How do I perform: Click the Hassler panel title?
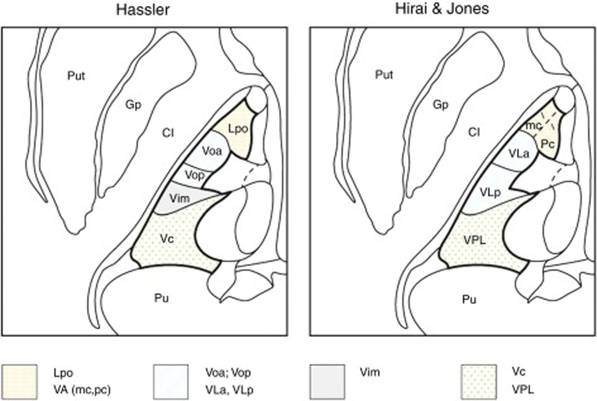tap(143, 10)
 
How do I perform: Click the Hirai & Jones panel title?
tap(442, 9)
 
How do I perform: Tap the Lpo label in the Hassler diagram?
tap(238, 129)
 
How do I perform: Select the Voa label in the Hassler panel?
tap(212, 151)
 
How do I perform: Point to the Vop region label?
tap(195, 175)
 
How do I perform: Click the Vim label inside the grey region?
tap(179, 198)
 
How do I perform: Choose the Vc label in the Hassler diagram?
tap(167, 239)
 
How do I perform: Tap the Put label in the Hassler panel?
tap(76, 76)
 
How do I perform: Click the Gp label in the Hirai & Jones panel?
tap(441, 105)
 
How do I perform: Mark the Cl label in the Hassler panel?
tap(168, 133)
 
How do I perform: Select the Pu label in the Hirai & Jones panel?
tap(469, 299)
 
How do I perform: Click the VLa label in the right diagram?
tap(519, 154)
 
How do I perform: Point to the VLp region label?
tap(490, 192)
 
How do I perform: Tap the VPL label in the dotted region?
tap(475, 240)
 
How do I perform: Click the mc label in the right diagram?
tap(534, 126)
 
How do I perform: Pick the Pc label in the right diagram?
tap(548, 144)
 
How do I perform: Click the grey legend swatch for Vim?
tap(327, 382)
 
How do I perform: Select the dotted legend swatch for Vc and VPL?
tap(479, 382)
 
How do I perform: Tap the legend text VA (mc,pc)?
tap(82, 390)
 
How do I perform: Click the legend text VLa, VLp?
tap(229, 390)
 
